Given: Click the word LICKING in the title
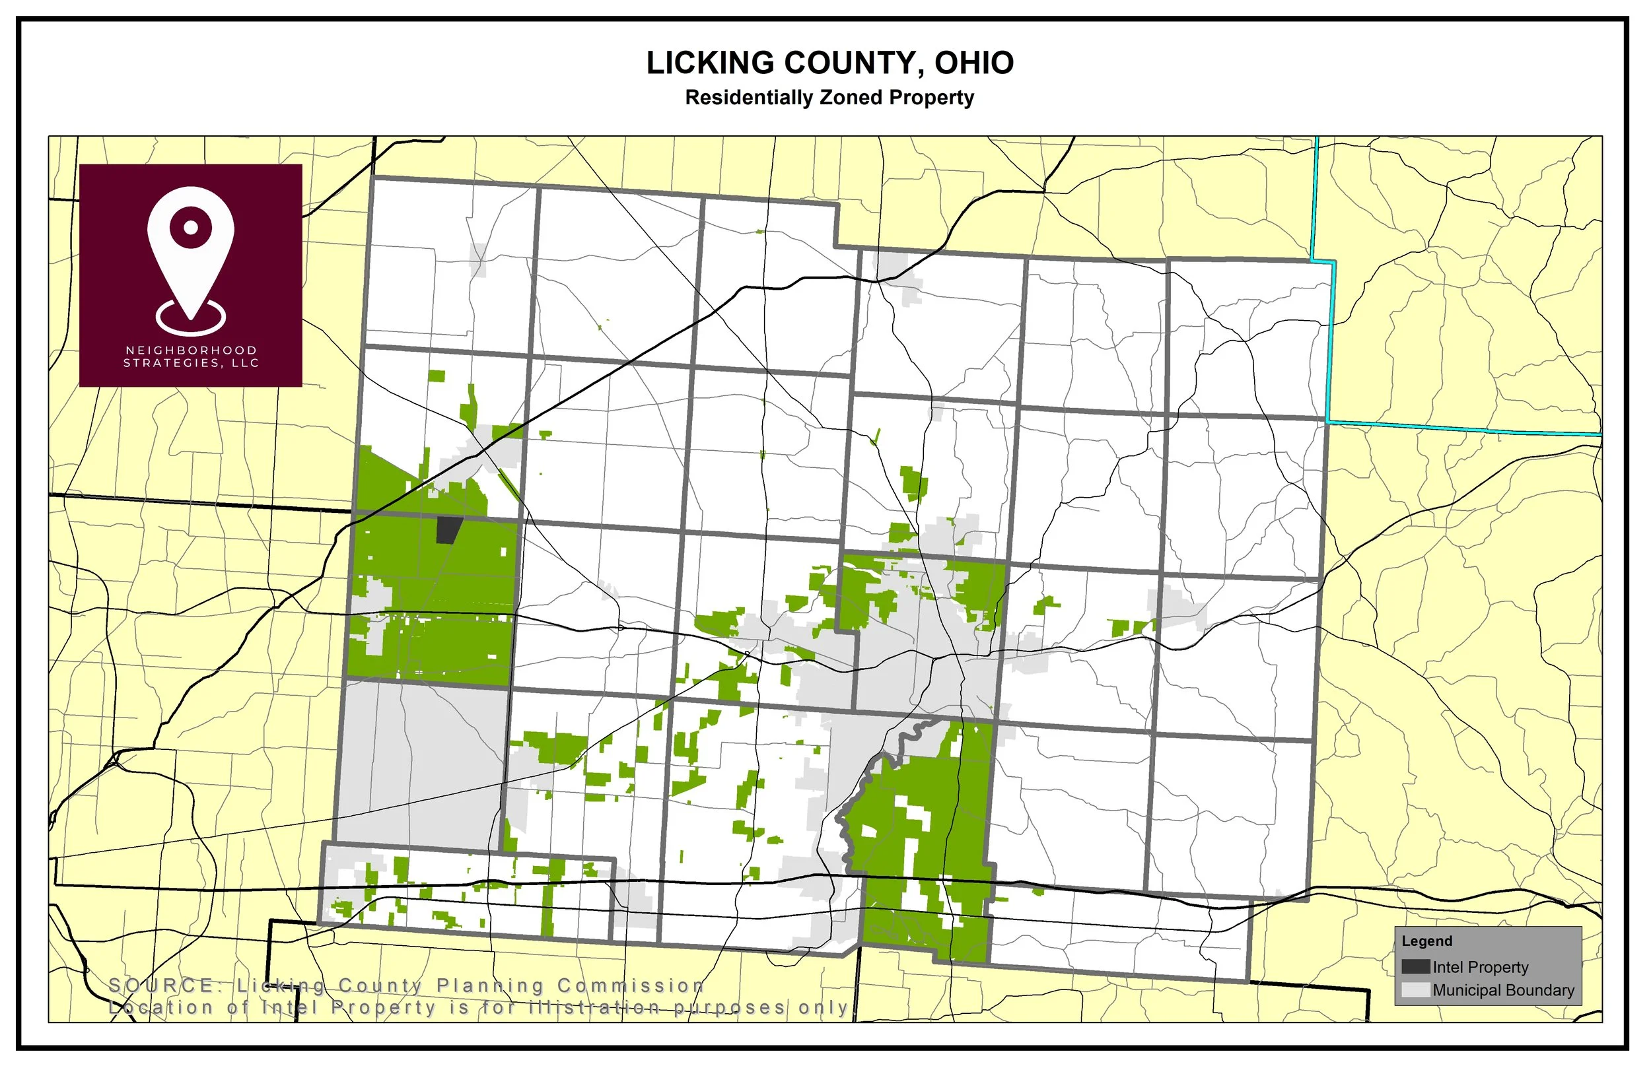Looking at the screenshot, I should [710, 63].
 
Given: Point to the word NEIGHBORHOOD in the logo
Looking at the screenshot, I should [191, 350].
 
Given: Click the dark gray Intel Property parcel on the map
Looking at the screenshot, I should [449, 531].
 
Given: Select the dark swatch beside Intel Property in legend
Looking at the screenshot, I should [1415, 967].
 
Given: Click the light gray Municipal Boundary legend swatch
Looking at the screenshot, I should [1415, 989].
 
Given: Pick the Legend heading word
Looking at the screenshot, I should [1426, 941].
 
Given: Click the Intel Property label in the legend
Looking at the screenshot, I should [1481, 967].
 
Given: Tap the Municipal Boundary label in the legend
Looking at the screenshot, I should [1503, 989].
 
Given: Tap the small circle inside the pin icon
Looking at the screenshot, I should [191, 228].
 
